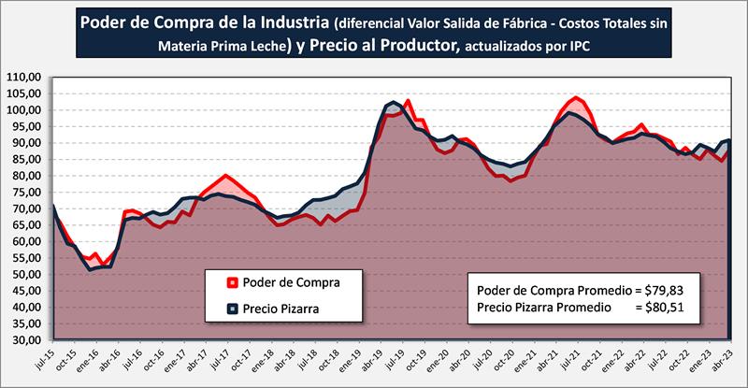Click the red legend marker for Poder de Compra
point(230,281)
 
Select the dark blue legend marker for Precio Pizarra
point(230,307)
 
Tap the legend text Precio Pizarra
point(286,307)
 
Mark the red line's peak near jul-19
point(408,100)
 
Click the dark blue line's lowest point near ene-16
point(91,269)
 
